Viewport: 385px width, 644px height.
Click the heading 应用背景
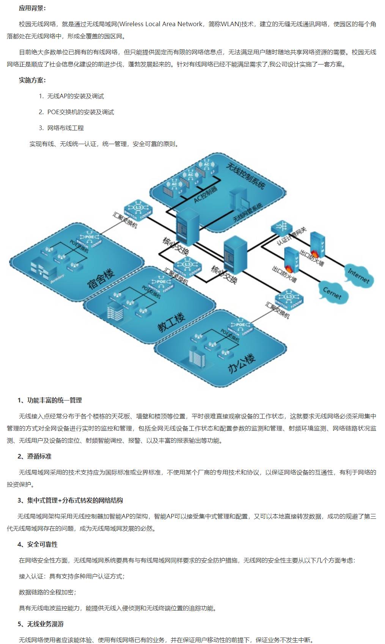pos(32,8)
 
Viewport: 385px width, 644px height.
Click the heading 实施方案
pos(32,80)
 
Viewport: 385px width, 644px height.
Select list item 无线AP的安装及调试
pos(75,96)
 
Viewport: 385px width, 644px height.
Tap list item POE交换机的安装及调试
pos(80,112)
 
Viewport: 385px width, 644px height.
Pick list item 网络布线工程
pos(65,128)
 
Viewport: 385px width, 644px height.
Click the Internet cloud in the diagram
pos(358,276)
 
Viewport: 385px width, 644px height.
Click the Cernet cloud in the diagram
pos(333,292)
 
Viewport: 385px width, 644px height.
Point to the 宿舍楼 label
pos(101,279)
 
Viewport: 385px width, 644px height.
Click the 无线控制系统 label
pos(246,175)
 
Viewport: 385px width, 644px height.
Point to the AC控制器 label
pos(205,194)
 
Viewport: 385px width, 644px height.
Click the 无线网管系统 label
pos(248,212)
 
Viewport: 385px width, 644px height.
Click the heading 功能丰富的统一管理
pos(50,400)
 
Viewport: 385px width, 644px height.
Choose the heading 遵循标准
pos(35,456)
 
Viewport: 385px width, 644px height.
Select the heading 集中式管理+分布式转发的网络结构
pos(70,500)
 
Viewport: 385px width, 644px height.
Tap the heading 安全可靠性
pos(38,544)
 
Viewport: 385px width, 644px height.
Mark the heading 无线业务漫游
pos(41,624)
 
